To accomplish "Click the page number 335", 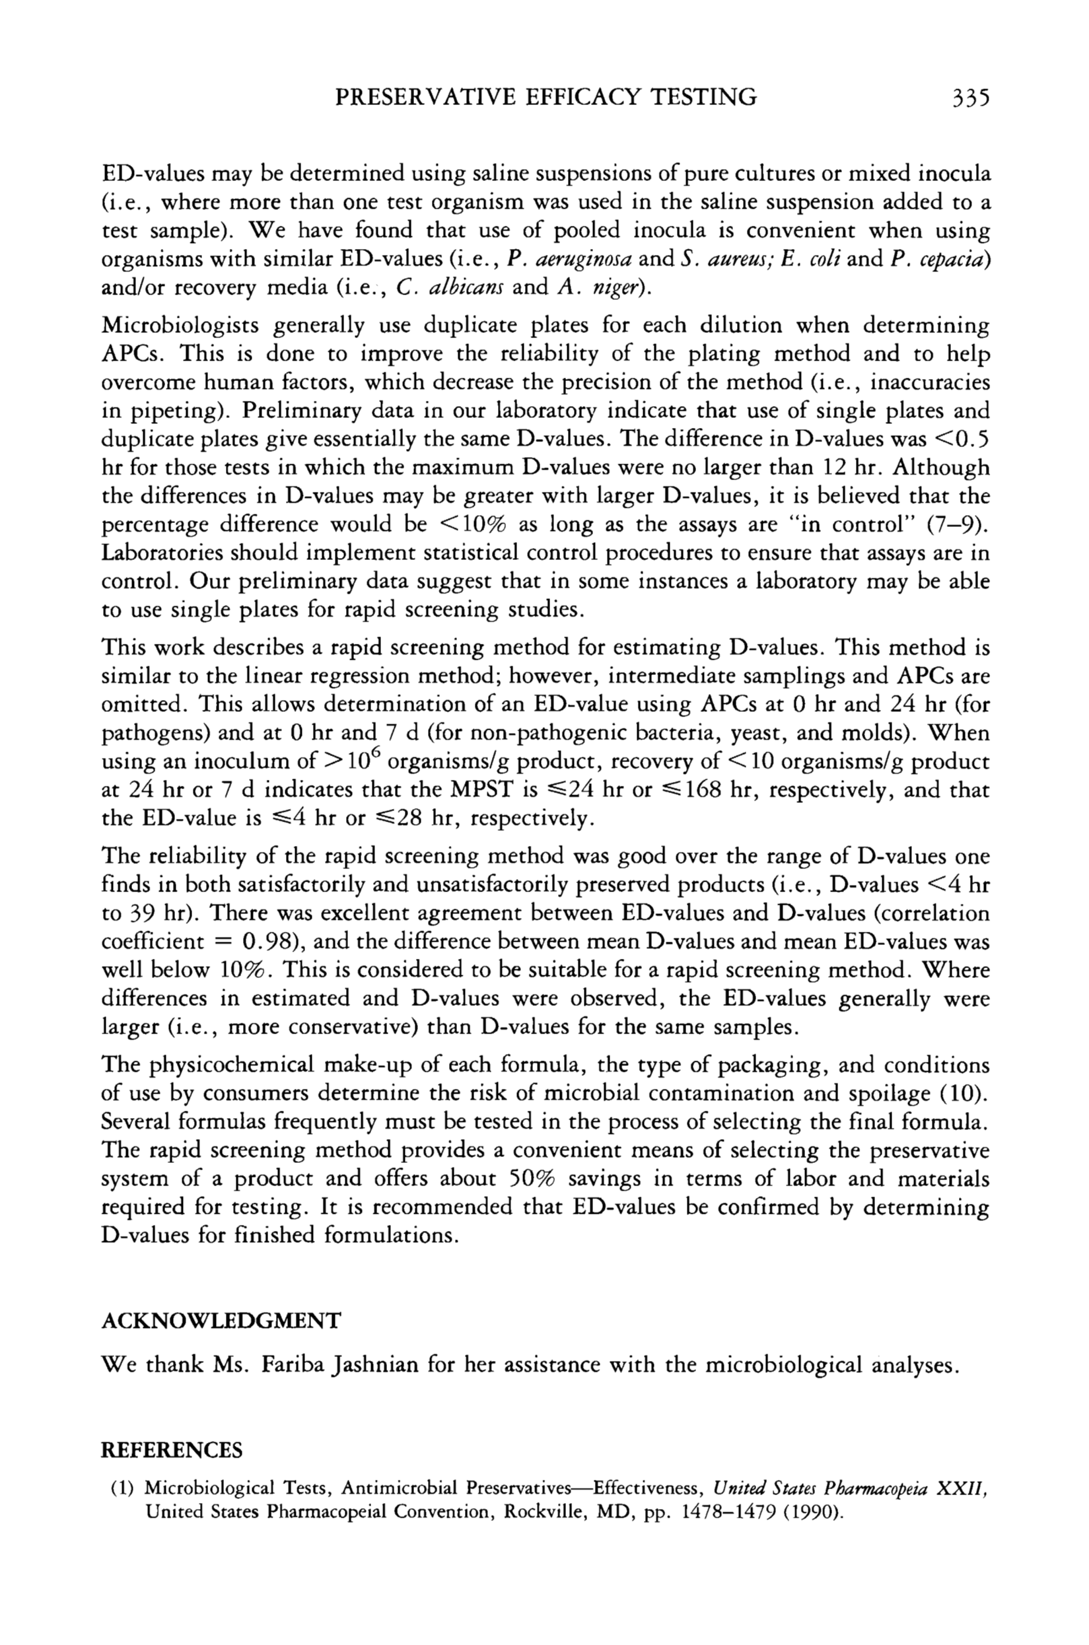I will tap(969, 96).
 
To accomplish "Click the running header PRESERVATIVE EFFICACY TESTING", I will tap(546, 96).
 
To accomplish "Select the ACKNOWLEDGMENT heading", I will tap(221, 1320).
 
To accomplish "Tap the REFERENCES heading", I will tap(172, 1451).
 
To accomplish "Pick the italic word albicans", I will tap(459, 287).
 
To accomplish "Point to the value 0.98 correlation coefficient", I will tap(261, 942).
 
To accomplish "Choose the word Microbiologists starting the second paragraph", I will tap(180, 325).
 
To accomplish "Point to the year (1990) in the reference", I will tap(810, 1512).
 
